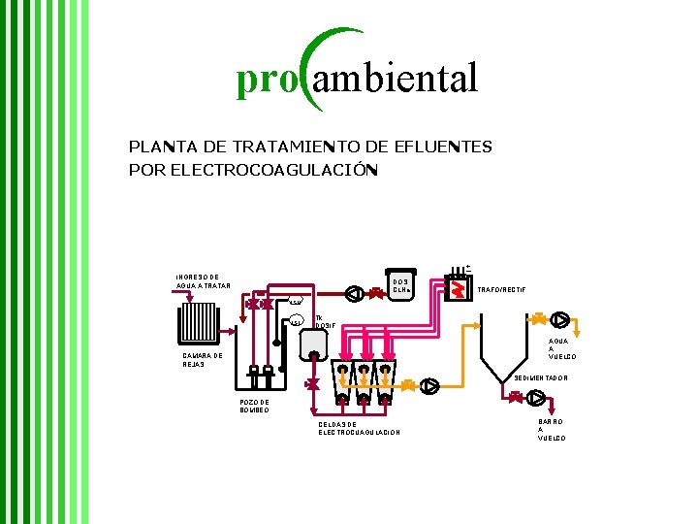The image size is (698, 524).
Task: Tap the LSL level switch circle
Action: [297, 321]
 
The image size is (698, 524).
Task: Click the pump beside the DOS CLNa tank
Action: [356, 291]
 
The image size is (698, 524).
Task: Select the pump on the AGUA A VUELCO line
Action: [562, 320]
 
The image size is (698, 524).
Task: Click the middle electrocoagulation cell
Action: [364, 383]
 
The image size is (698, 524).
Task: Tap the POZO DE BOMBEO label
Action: [254, 407]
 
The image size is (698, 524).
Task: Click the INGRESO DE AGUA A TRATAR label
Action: [203, 280]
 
